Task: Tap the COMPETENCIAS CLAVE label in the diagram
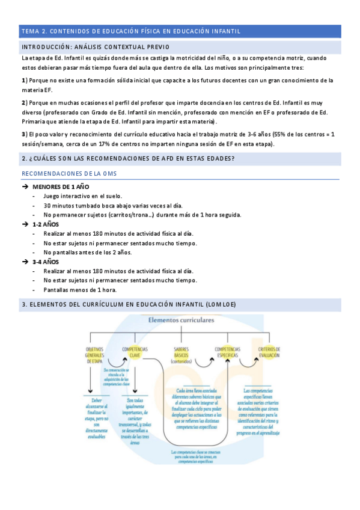pyautogui.click(x=135, y=352)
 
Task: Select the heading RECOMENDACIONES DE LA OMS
pyautogui.click(x=69, y=174)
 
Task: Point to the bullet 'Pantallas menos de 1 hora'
pyautogui.click(x=80, y=289)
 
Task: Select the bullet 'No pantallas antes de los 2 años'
pyautogui.click(x=87, y=252)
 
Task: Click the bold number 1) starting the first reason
pyautogui.click(x=24, y=80)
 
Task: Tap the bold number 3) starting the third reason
pyautogui.click(x=24, y=134)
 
